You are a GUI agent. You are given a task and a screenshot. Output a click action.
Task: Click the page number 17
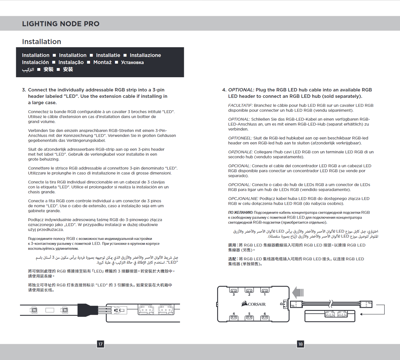coord(100,344)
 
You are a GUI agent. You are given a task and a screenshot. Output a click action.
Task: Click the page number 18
coord(300,344)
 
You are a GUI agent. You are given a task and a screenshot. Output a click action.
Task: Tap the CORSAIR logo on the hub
coord(253,304)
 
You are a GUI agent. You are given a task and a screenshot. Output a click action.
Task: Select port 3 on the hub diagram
coord(234,291)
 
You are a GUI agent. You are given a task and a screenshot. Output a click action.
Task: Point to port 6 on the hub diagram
coord(265,317)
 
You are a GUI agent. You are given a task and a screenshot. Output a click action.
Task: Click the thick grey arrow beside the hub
coord(298,292)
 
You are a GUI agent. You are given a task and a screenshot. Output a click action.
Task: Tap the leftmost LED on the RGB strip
coord(34,310)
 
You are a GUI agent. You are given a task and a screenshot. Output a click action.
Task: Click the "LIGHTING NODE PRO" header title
coord(61,24)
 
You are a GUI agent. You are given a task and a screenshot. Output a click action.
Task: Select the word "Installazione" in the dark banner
coord(145,55)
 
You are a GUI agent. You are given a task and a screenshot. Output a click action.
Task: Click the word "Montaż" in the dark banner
coord(102,62)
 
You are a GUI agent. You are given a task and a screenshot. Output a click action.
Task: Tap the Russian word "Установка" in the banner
coord(132,62)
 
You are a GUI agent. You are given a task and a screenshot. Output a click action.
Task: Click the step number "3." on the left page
coord(24,90)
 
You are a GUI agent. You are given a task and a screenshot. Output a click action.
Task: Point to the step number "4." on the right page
coord(224,90)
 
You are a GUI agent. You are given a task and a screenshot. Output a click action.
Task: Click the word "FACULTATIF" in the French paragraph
coord(240,106)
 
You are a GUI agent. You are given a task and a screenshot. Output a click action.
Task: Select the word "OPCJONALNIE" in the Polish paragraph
coord(243,199)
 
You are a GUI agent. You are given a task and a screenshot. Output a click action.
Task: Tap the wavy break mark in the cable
coord(330,304)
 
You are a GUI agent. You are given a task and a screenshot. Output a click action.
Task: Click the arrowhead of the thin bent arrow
coord(361,314)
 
